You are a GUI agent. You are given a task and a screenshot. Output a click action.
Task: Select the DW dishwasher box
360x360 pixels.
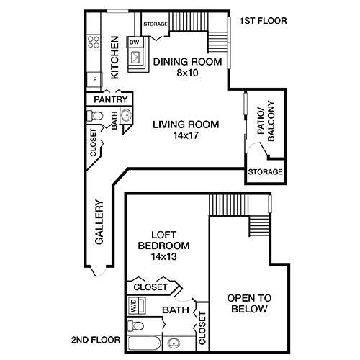click(x=134, y=43)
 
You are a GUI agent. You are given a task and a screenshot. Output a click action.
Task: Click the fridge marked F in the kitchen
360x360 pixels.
click(x=94, y=78)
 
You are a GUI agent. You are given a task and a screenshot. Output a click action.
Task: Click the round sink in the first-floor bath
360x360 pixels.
click(x=125, y=117)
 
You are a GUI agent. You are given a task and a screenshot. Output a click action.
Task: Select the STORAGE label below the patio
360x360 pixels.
click(x=264, y=173)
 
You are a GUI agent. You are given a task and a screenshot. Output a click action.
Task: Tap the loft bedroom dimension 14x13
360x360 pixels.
click(x=163, y=256)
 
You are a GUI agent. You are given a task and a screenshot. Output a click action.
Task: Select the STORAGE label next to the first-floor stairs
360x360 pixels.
click(x=156, y=24)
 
